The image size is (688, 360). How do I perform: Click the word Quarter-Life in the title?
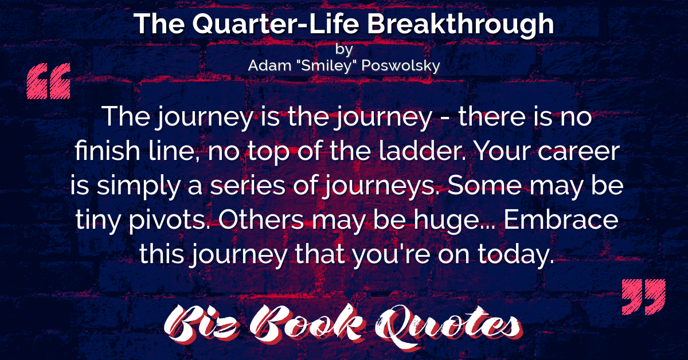[x=276, y=24]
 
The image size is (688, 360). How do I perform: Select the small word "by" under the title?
[x=344, y=49]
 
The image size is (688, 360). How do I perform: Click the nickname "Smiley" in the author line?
[x=326, y=65]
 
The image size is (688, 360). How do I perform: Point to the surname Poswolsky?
[x=401, y=66]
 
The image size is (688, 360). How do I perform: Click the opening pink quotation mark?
[x=49, y=81]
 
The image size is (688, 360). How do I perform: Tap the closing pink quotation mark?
[x=643, y=297]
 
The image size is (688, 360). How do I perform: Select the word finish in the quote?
[x=108, y=151]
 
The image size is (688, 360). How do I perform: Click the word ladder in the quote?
[x=423, y=151]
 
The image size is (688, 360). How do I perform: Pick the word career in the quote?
[x=578, y=152]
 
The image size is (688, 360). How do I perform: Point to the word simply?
[x=139, y=186]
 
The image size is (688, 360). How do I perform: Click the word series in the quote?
[x=248, y=186]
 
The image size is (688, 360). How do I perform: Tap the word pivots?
[x=171, y=221]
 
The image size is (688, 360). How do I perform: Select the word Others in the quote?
[x=261, y=220]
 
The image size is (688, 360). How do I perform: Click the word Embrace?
[x=561, y=220]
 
